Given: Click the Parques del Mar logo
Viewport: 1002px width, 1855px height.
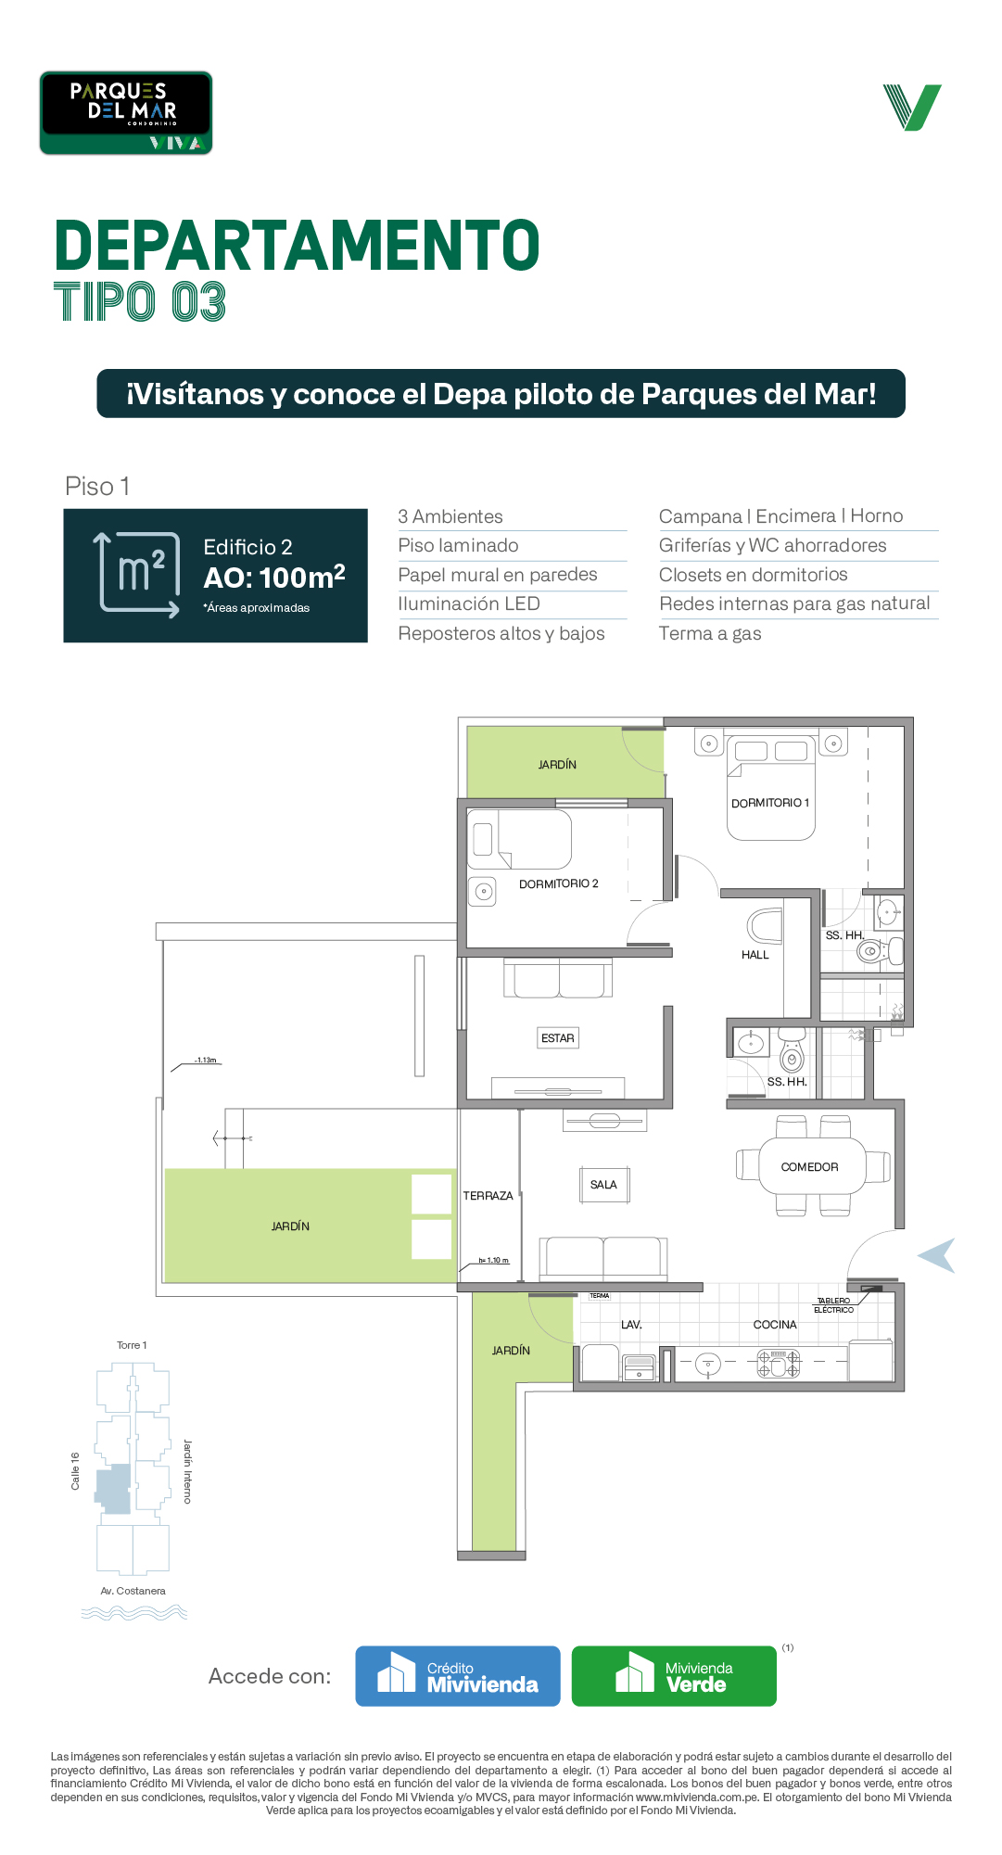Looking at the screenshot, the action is point(126,113).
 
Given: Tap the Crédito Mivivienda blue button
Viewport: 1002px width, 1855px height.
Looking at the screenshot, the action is point(458,1676).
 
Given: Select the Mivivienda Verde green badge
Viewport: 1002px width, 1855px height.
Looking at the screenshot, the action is point(674,1676).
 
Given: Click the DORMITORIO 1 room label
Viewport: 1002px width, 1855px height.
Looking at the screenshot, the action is point(770,803).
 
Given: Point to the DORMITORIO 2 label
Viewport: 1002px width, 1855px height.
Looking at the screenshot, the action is point(559,883).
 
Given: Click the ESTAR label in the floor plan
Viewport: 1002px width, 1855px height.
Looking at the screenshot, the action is point(558,1038).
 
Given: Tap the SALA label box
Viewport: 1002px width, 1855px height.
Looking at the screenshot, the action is point(603,1185).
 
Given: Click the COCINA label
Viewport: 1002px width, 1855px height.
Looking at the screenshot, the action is point(775,1325).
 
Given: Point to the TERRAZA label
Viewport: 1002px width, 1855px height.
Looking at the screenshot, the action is point(488,1196).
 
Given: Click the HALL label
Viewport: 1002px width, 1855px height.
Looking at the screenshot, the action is point(755,955).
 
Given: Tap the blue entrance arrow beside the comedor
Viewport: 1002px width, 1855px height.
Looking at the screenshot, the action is point(937,1256).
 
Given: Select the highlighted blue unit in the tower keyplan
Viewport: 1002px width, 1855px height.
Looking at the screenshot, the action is point(115,1489).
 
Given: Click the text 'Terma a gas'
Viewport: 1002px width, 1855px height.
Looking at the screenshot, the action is point(710,633).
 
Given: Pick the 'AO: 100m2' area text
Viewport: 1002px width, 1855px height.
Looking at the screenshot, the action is point(274,577).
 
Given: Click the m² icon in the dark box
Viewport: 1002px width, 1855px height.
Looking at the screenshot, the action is point(139,575).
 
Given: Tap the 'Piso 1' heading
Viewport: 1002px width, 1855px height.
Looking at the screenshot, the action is point(97,486).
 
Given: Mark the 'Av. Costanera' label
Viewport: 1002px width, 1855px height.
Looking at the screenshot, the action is point(133,1591).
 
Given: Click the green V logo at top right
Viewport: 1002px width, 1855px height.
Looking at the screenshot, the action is point(912,108).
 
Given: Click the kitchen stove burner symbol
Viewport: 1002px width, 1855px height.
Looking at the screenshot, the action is point(779,1363).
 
